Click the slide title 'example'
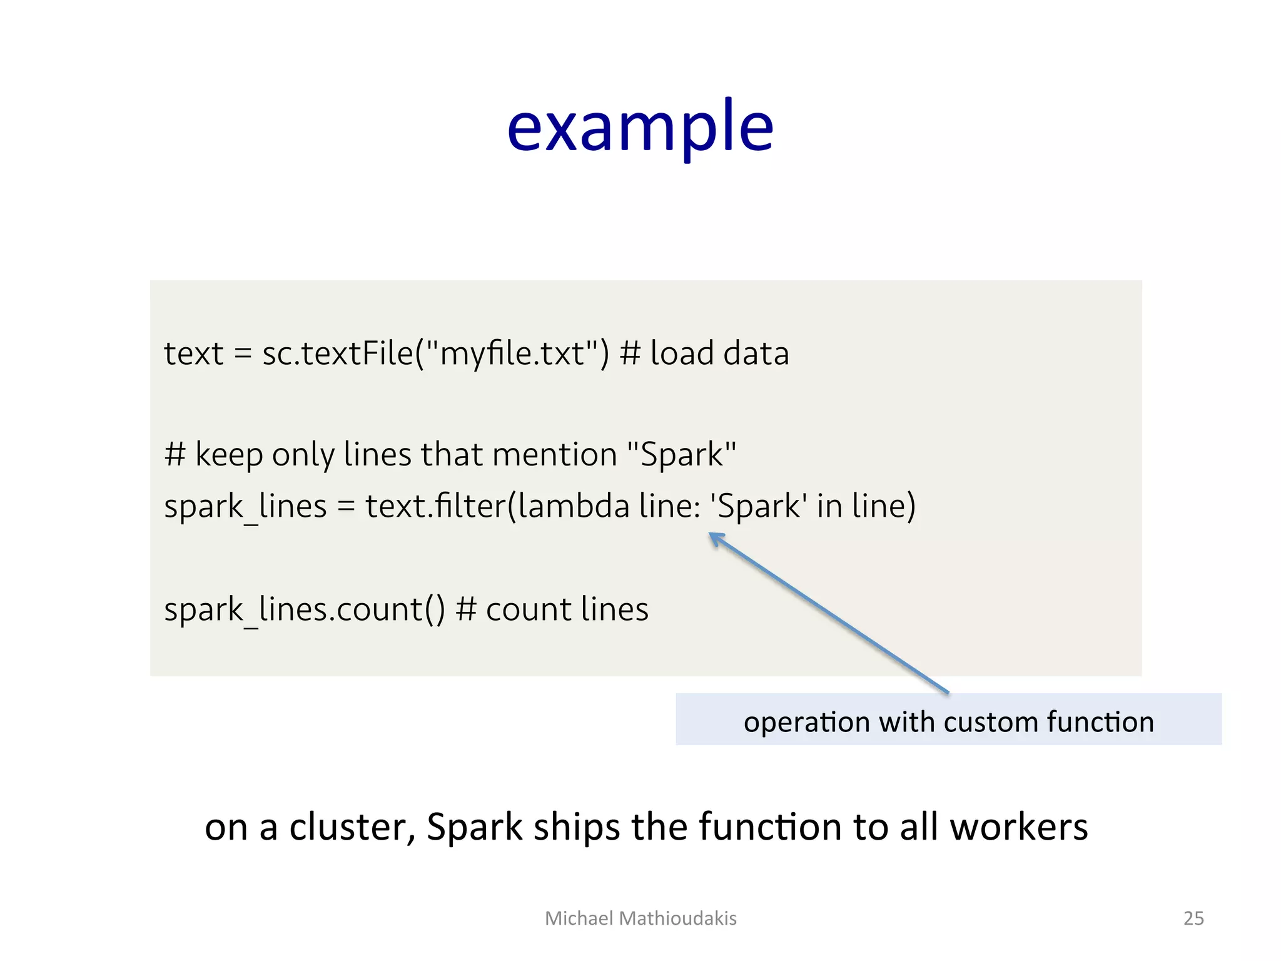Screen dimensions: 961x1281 tap(640, 128)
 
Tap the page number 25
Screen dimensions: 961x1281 tap(1193, 918)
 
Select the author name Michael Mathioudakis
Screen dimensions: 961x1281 tap(640, 918)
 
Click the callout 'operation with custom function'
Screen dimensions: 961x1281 tap(948, 721)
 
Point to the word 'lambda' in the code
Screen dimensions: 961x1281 tap(574, 506)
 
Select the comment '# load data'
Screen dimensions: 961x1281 tap(704, 353)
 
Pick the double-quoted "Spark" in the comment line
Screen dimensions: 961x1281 tap(681, 454)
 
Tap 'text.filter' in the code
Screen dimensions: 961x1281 tap(435, 506)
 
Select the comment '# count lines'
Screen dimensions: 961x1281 tap(552, 609)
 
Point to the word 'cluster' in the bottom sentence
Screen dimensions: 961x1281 tap(352, 827)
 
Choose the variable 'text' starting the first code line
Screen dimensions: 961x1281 tap(193, 353)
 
